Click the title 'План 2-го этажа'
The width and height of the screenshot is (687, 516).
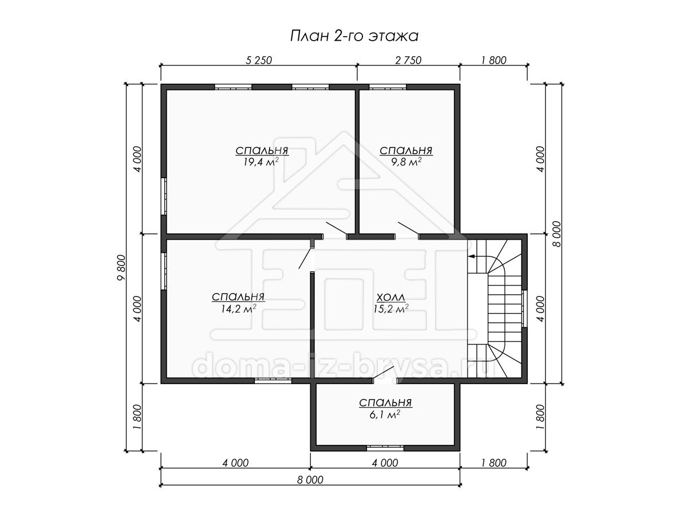(354, 36)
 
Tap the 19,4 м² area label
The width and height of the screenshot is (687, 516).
(261, 162)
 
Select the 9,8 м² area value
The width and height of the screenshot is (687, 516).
(406, 162)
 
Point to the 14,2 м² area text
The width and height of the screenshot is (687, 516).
(239, 308)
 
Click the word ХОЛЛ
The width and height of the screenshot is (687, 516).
(390, 297)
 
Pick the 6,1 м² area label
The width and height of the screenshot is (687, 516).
(385, 415)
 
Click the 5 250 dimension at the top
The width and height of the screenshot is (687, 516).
(259, 60)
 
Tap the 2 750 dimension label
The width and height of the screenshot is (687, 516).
(408, 60)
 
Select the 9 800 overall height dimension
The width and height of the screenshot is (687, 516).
(121, 268)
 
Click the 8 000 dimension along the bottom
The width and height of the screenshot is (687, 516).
(310, 480)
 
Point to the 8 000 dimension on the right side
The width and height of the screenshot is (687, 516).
(556, 234)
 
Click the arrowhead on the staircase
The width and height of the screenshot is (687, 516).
(471, 256)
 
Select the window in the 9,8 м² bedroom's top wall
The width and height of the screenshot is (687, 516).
(388, 87)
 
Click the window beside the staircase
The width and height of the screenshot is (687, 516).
(524, 308)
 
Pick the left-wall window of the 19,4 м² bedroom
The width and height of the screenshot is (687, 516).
(164, 197)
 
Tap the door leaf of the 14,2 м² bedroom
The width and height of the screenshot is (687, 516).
(306, 259)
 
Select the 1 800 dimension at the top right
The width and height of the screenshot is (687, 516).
(493, 60)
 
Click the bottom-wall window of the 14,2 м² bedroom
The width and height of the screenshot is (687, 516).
(273, 380)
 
